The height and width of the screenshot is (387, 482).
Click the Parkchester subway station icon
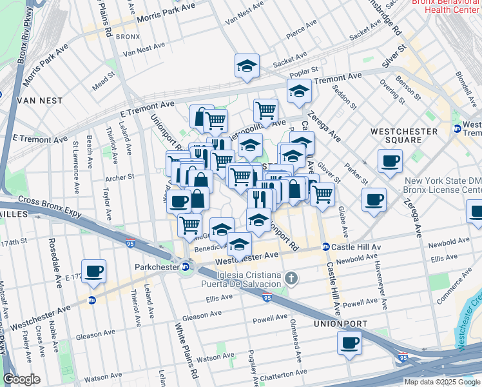click(x=186, y=266)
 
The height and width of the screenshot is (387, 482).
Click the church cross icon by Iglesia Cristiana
click(x=291, y=279)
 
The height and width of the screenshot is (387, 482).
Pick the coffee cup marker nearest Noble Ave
click(x=94, y=272)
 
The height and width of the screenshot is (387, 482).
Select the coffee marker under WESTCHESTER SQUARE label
click(x=390, y=161)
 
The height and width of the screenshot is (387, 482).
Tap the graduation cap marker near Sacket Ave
click(x=246, y=66)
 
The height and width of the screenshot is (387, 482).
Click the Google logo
click(x=21, y=380)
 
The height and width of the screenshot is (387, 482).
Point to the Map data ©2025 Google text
click(x=442, y=382)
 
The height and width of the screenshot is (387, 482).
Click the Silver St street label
click(x=394, y=57)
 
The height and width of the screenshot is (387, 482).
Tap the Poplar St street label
click(x=306, y=70)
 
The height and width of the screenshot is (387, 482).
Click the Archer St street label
click(x=120, y=176)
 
